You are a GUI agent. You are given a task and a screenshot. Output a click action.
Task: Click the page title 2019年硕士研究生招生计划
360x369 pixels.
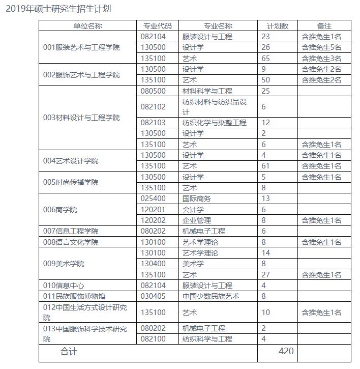pos(58,9)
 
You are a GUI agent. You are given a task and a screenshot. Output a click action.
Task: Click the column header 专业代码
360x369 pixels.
pos(158,26)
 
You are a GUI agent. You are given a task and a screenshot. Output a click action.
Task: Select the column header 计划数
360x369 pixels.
pos(278,26)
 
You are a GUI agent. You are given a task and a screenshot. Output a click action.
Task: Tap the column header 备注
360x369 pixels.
pos(324,26)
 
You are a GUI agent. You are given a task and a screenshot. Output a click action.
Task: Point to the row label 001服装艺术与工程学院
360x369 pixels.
pos(82,47)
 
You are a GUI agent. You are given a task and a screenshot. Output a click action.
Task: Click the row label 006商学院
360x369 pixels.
pos(61,210)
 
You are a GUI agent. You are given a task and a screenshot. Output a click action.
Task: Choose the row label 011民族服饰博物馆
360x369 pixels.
pos(75,296)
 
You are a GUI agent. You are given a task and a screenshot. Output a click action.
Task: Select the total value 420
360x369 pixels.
pos(287,352)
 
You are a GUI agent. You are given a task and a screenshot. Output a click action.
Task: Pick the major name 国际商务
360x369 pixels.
pos(197,199)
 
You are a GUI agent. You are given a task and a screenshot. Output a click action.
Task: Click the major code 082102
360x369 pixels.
pos(154,107)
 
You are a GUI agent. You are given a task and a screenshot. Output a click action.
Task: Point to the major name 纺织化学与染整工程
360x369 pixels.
pos(215,123)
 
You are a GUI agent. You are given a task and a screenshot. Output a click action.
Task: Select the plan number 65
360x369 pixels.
pos(265,59)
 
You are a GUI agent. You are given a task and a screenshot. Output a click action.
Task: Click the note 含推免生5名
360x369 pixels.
pos(321,47)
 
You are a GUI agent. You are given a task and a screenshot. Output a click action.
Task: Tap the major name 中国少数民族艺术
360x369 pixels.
pos(211,296)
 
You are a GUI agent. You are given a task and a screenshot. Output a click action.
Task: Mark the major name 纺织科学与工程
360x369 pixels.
pos(207,339)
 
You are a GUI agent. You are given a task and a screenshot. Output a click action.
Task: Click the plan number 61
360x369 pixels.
pos(265,166)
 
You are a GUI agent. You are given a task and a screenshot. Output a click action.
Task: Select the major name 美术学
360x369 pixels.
pos(193,264)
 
